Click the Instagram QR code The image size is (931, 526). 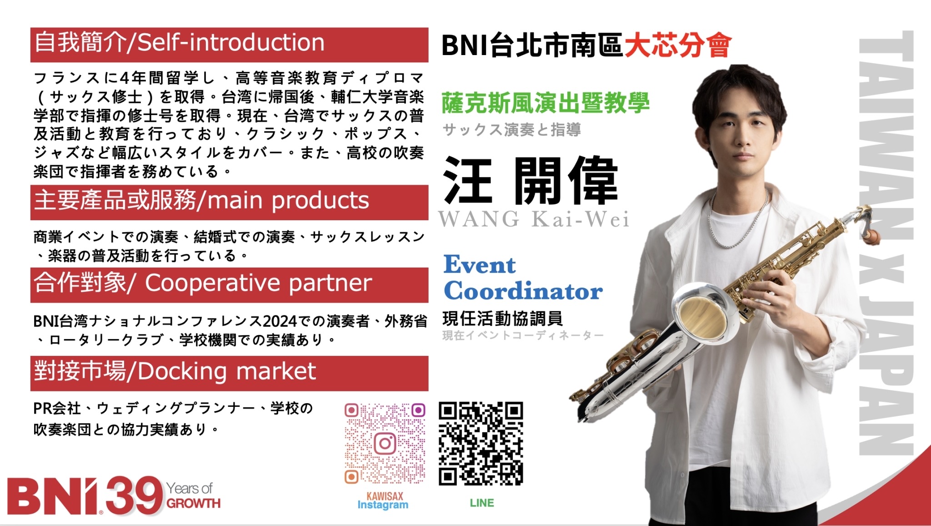point(385,443)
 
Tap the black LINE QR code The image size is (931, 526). point(481,444)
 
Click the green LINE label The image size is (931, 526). point(482,503)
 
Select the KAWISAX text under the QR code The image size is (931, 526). point(385,496)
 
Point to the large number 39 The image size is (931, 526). point(134,496)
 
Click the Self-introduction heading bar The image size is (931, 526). point(229,45)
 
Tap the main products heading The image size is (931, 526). point(229,202)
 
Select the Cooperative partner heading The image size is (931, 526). point(229,285)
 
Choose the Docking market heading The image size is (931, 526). point(229,373)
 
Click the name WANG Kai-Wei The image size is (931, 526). point(534,219)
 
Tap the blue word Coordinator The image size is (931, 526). point(523,291)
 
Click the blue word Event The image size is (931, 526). point(480,264)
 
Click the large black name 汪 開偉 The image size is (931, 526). point(531,181)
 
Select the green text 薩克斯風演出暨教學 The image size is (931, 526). point(546,103)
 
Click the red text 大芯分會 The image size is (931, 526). point(678,46)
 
